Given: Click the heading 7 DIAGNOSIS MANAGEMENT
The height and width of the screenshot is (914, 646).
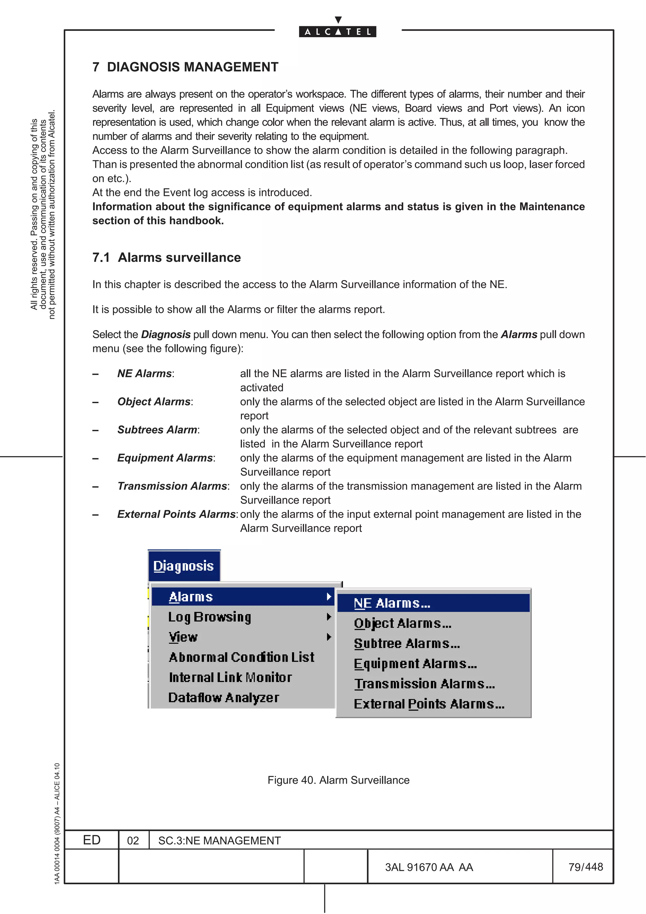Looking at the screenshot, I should tap(185, 67).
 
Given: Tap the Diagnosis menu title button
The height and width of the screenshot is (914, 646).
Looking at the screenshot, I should tap(184, 566).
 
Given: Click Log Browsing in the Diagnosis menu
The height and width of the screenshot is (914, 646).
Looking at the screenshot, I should tap(210, 617).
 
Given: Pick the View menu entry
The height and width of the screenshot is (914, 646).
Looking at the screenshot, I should tap(183, 637).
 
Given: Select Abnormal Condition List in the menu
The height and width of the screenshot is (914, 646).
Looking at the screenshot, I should tap(242, 657).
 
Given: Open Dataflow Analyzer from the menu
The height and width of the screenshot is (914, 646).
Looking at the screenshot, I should tap(224, 697).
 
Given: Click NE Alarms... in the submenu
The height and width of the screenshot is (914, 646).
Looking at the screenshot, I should tap(392, 603).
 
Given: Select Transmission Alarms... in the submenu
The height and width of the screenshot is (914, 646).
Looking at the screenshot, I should tap(424, 683).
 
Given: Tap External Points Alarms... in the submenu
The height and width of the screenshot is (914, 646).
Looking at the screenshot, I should tap(429, 704).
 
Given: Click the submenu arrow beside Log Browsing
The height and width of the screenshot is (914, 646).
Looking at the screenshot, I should tap(329, 617).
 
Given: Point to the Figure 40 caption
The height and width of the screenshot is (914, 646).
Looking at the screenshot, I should tap(338, 780).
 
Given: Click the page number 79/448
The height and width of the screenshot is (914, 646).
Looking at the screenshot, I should tap(585, 867).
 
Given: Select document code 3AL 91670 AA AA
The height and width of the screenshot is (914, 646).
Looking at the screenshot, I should tap(429, 867).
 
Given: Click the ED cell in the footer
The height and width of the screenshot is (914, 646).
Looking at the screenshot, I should tap(91, 840).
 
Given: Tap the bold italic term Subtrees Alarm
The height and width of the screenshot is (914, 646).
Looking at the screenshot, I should tap(157, 430).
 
